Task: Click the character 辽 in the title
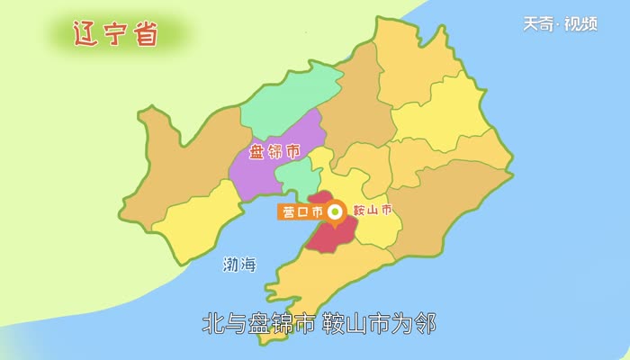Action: pyautogui.click(x=86, y=34)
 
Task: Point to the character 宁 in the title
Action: pyautogui.click(x=116, y=34)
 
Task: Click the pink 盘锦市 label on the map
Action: pyautogui.click(x=274, y=151)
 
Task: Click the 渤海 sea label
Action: pyautogui.click(x=239, y=265)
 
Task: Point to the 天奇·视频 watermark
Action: pyautogui.click(x=560, y=24)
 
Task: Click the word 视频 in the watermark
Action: pyautogui.click(x=580, y=24)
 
